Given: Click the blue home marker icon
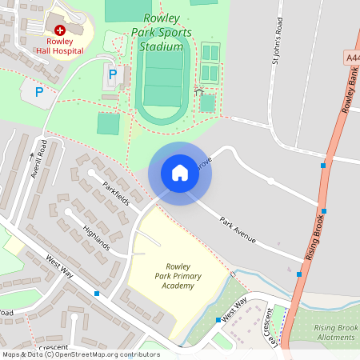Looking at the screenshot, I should click(180, 173).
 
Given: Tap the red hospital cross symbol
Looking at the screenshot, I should click(59, 29).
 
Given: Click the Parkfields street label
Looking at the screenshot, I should click(116, 193).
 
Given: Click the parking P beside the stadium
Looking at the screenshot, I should click(113, 75).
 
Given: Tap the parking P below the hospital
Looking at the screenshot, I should click(38, 91).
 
